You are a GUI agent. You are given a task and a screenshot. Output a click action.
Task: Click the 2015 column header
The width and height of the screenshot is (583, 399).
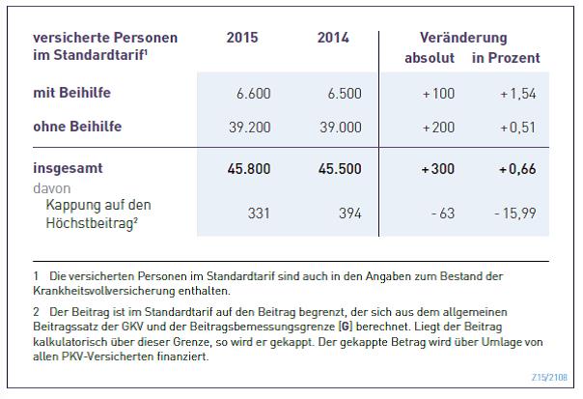(x=242, y=38)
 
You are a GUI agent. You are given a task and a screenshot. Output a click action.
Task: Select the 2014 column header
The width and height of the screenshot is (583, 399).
(x=333, y=38)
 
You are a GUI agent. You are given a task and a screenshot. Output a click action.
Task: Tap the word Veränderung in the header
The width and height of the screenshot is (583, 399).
(x=463, y=38)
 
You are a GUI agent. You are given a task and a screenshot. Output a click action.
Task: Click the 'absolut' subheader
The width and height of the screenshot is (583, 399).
(x=430, y=58)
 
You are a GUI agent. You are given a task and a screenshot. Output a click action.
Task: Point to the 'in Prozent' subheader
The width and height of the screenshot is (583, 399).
(x=506, y=58)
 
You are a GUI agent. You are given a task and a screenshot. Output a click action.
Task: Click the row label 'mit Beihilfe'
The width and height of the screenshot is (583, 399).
(x=71, y=93)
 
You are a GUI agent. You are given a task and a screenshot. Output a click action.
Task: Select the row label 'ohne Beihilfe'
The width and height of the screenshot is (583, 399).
(x=77, y=127)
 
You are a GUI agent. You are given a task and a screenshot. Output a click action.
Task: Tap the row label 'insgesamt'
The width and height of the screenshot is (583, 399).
(x=68, y=168)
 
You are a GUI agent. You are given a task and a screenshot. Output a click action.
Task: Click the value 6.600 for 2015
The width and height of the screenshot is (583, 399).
(x=254, y=94)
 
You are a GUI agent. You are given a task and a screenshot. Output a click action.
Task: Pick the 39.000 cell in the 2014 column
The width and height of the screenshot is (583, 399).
(x=341, y=128)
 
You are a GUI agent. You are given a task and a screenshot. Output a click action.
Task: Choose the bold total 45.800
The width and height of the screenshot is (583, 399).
(x=249, y=169)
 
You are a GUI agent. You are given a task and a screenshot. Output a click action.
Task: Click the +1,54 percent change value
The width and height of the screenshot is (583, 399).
(x=518, y=94)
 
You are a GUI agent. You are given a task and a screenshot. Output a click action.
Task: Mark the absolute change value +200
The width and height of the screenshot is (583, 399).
(x=438, y=128)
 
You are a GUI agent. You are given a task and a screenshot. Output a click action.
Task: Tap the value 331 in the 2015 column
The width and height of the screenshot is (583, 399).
(x=259, y=214)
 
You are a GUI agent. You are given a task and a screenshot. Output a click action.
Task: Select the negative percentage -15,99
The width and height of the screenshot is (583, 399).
(x=515, y=214)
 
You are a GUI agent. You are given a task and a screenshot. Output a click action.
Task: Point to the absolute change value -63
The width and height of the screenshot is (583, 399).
(x=443, y=214)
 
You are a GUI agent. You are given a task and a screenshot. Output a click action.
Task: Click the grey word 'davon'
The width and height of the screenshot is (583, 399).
(x=52, y=188)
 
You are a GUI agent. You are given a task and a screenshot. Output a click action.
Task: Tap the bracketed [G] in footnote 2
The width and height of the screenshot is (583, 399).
(x=346, y=327)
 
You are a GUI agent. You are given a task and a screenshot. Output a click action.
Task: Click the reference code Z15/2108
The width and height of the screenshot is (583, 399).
(x=549, y=377)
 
